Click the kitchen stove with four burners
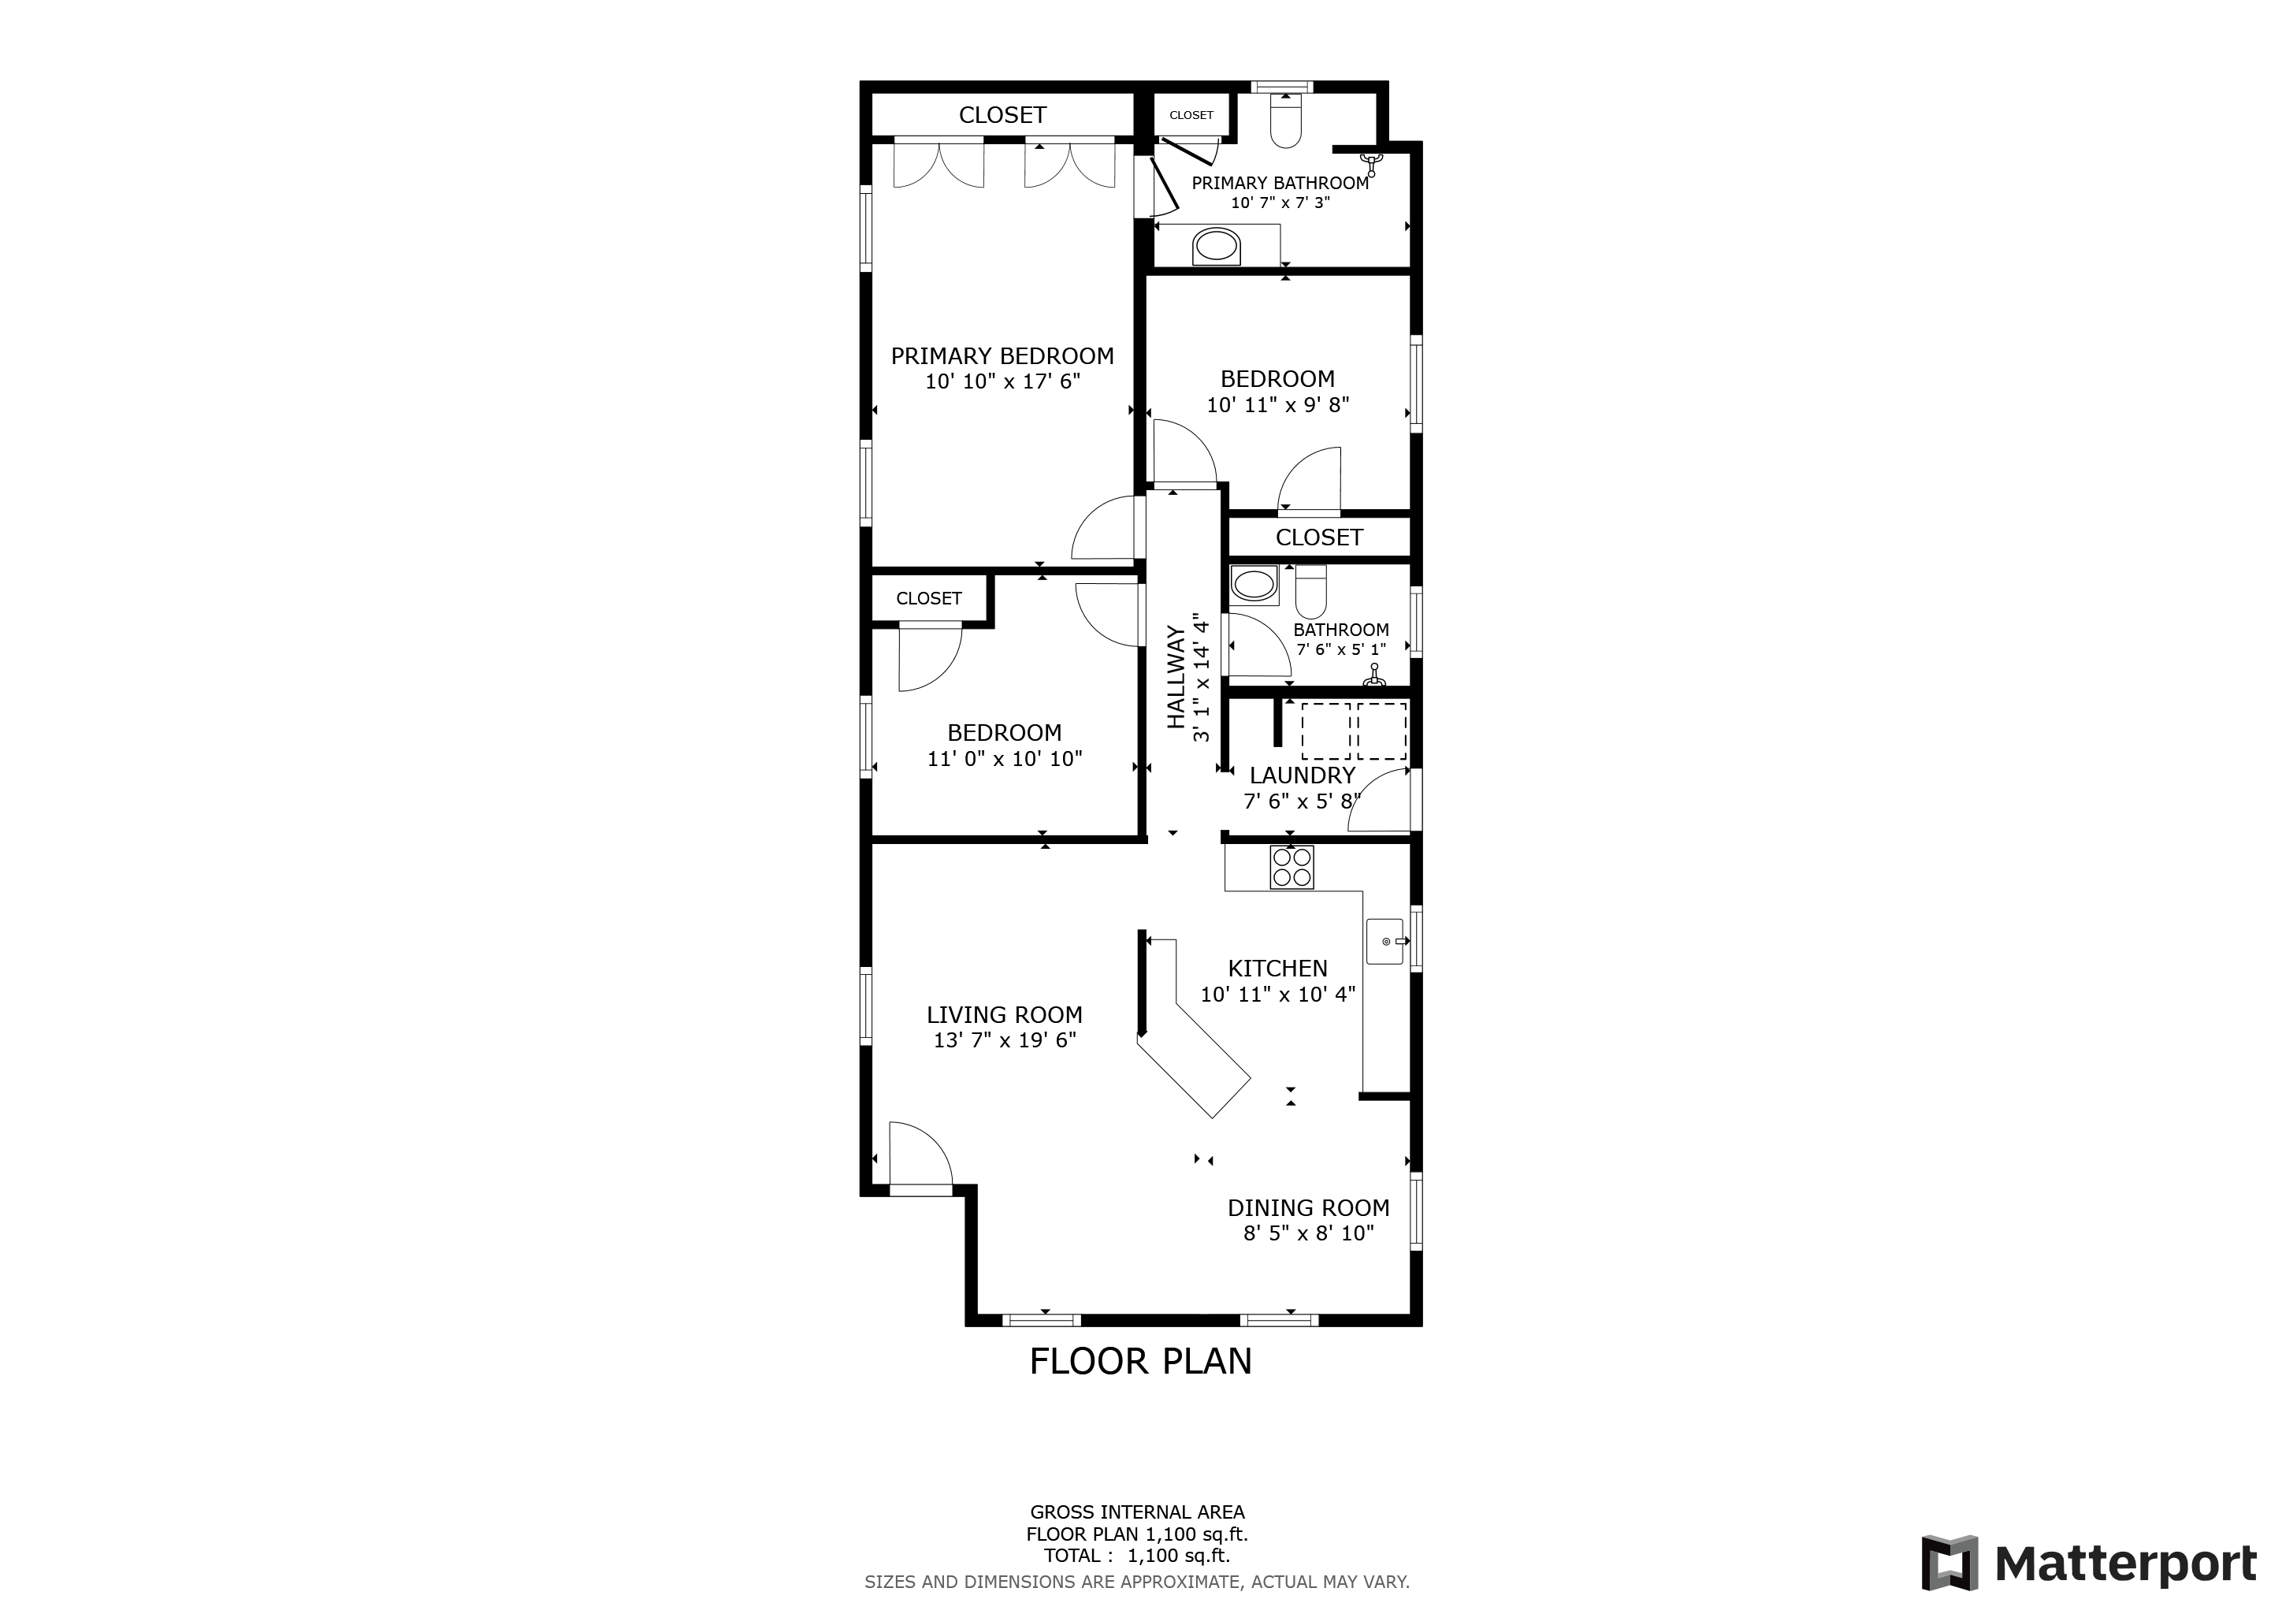1292,867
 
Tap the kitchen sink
1384,941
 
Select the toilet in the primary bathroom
1286,121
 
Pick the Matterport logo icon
1950,1564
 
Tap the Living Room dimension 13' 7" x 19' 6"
1005,1039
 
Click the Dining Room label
1308,1207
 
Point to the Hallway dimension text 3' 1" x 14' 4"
1202,677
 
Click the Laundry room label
1302,775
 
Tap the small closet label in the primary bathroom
1191,115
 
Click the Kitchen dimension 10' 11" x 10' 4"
1278,994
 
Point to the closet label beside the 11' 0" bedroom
928,598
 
